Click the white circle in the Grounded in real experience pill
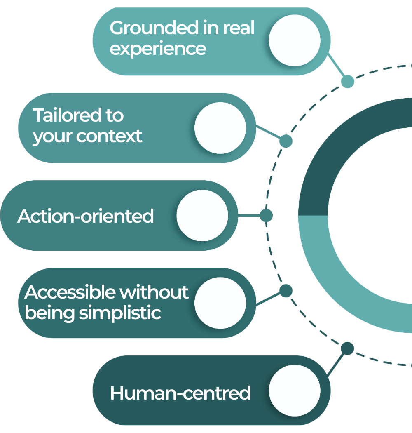294,40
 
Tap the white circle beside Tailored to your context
220,128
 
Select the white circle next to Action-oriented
202,215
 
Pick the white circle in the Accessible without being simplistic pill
220,303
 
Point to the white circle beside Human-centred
294,391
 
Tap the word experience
158,49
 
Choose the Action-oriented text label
86,216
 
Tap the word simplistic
120,313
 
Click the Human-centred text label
180,393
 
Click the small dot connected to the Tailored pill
286,141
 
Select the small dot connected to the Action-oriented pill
266,215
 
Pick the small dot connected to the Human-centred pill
347,348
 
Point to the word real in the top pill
239,28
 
